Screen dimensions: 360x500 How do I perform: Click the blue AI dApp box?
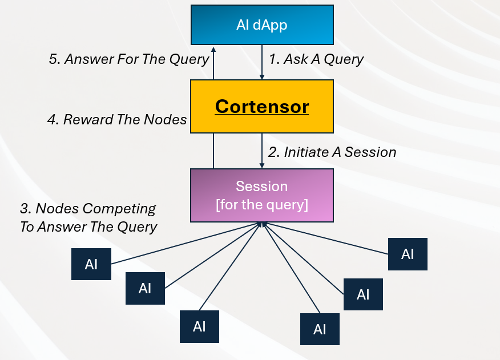[262, 25]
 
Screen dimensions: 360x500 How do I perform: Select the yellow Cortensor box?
[262, 107]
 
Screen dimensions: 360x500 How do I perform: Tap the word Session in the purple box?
[262, 186]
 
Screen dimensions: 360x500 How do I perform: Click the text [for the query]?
[262, 204]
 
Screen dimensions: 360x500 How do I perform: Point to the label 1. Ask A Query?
[316, 59]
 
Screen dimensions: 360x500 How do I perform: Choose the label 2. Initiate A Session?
[332, 152]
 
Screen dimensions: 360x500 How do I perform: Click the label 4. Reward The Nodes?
[117, 119]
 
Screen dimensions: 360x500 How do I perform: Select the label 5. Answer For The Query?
[129, 59]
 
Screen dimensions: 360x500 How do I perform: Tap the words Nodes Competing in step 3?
[96, 209]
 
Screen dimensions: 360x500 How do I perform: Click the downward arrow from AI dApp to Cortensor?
[262, 63]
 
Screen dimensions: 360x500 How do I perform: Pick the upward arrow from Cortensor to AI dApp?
[213, 63]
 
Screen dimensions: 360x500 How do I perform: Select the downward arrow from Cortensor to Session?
[262, 151]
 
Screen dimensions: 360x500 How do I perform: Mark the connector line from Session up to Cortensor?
[213, 151]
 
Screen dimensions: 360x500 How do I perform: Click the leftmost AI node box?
[91, 264]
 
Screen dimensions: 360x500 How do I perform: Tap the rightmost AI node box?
[408, 254]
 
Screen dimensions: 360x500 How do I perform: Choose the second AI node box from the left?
[145, 288]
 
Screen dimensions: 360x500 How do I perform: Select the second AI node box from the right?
[363, 294]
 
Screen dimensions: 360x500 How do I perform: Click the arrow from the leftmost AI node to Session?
[183, 244]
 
